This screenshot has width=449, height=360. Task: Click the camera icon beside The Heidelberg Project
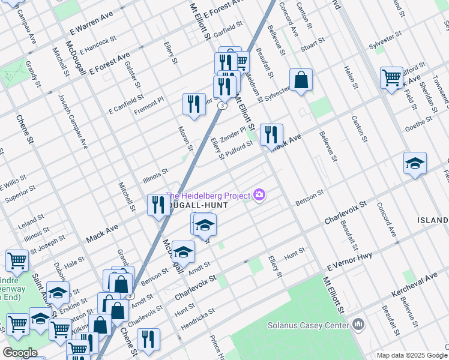click(x=260, y=194)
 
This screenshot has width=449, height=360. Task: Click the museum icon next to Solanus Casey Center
click(x=359, y=325)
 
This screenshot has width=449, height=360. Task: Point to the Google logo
click(x=20, y=352)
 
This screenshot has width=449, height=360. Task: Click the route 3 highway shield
click(x=223, y=105)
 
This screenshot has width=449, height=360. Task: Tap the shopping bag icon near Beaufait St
click(x=301, y=80)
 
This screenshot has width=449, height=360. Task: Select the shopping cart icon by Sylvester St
click(x=391, y=77)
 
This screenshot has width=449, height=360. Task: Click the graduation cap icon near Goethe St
click(x=415, y=163)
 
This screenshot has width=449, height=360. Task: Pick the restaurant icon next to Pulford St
click(x=271, y=134)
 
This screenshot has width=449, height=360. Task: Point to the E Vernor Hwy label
click(x=350, y=260)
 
